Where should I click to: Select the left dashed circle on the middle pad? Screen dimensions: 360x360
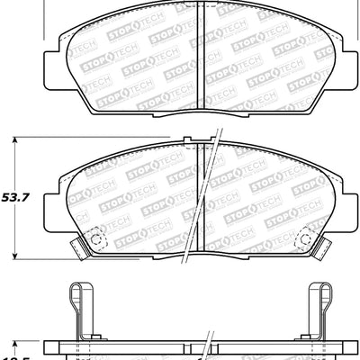point(98,240)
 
